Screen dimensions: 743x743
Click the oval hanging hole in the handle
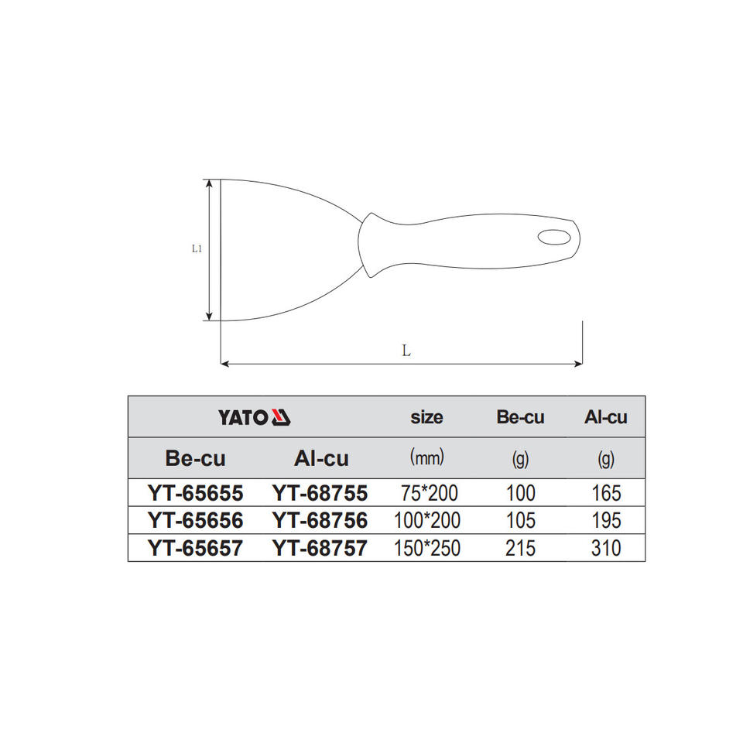(x=553, y=238)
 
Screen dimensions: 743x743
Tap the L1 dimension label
(x=197, y=248)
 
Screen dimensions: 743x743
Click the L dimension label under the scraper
(x=406, y=351)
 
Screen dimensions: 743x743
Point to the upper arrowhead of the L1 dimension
(x=209, y=184)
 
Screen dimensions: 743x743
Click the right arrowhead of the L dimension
(x=578, y=364)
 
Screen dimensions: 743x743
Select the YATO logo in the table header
(x=255, y=417)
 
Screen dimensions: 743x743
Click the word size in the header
(x=426, y=417)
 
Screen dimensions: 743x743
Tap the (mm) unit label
(x=427, y=457)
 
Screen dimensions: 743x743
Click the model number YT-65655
(x=195, y=493)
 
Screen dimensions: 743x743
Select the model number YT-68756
(x=320, y=520)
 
